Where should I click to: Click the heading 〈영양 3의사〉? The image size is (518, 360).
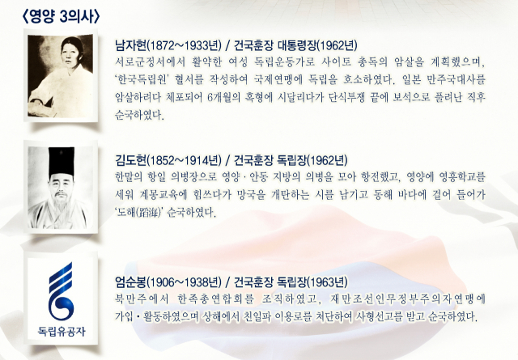[x=61, y=16]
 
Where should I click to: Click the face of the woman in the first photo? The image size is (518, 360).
[x=72, y=53]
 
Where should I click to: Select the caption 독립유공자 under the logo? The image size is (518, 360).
[x=62, y=331]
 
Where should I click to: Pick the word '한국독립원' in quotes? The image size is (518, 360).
[x=142, y=79]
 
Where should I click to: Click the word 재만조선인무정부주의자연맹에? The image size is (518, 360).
[x=407, y=299]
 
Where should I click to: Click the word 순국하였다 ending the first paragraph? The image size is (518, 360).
[x=139, y=115]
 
